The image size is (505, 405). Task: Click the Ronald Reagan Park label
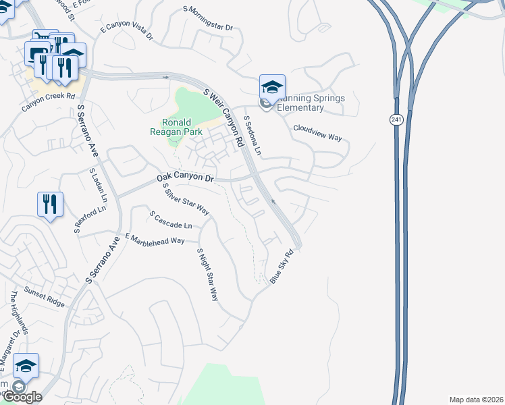(182, 128)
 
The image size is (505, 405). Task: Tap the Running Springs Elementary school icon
(272, 88)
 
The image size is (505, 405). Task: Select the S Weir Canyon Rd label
(223, 118)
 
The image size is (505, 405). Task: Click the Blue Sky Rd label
(284, 268)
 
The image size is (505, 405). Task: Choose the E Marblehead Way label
(155, 238)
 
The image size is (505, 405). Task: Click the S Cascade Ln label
(171, 219)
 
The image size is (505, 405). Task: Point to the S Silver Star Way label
(186, 199)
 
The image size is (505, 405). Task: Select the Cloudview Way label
(318, 132)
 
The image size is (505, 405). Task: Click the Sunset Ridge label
(45, 297)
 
